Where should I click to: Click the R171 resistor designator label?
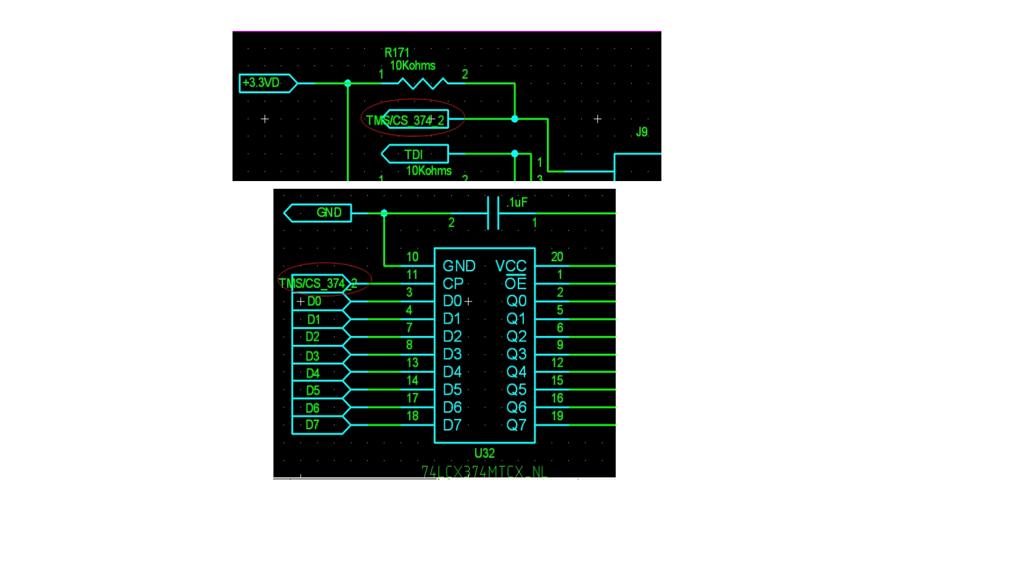(x=397, y=52)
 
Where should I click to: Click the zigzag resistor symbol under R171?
(x=422, y=83)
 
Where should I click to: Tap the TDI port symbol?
(x=415, y=154)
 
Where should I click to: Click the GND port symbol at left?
(x=319, y=213)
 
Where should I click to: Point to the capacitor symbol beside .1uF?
(x=493, y=213)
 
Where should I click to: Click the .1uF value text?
(x=517, y=203)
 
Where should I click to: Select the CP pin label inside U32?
(x=453, y=284)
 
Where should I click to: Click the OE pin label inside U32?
(x=515, y=284)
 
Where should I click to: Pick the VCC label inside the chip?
(x=511, y=266)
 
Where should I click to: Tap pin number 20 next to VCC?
(x=556, y=257)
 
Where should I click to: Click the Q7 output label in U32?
(x=516, y=425)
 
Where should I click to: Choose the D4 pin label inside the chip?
(x=452, y=372)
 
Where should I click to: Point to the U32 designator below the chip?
(x=484, y=454)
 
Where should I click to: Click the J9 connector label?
(x=642, y=132)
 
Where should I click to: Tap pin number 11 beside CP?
(x=412, y=275)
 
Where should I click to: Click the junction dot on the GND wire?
(x=384, y=213)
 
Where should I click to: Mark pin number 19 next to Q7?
(x=557, y=416)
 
